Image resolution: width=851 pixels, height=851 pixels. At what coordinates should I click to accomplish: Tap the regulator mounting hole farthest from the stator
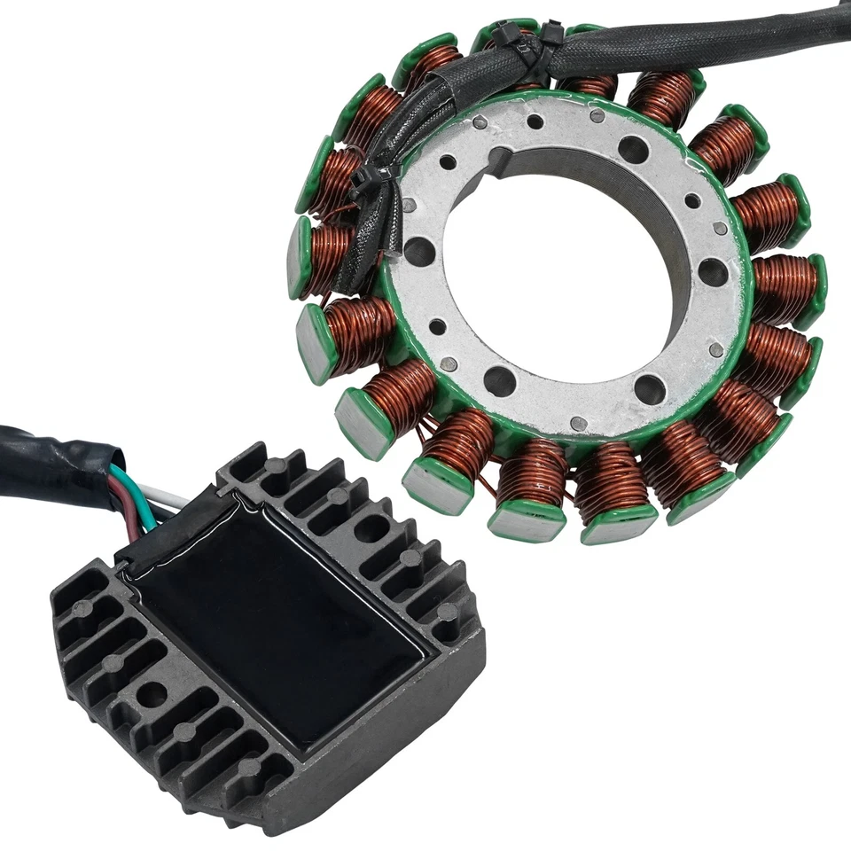click(x=152, y=694)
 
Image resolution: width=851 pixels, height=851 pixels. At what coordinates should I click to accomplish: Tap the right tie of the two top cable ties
click(x=551, y=37)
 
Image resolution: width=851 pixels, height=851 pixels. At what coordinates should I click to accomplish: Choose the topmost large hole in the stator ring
click(x=632, y=148)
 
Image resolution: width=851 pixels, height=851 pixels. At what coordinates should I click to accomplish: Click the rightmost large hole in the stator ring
click(x=712, y=271)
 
